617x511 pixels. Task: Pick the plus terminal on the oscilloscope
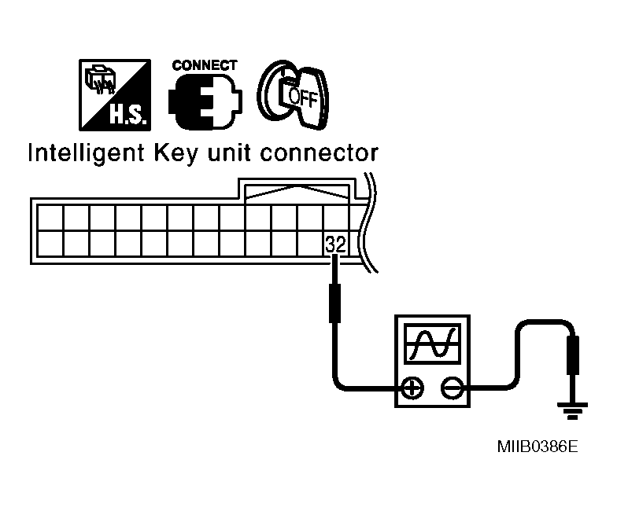click(x=412, y=388)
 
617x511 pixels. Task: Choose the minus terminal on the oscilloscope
click(x=451, y=388)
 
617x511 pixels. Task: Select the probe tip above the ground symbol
click(x=573, y=355)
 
